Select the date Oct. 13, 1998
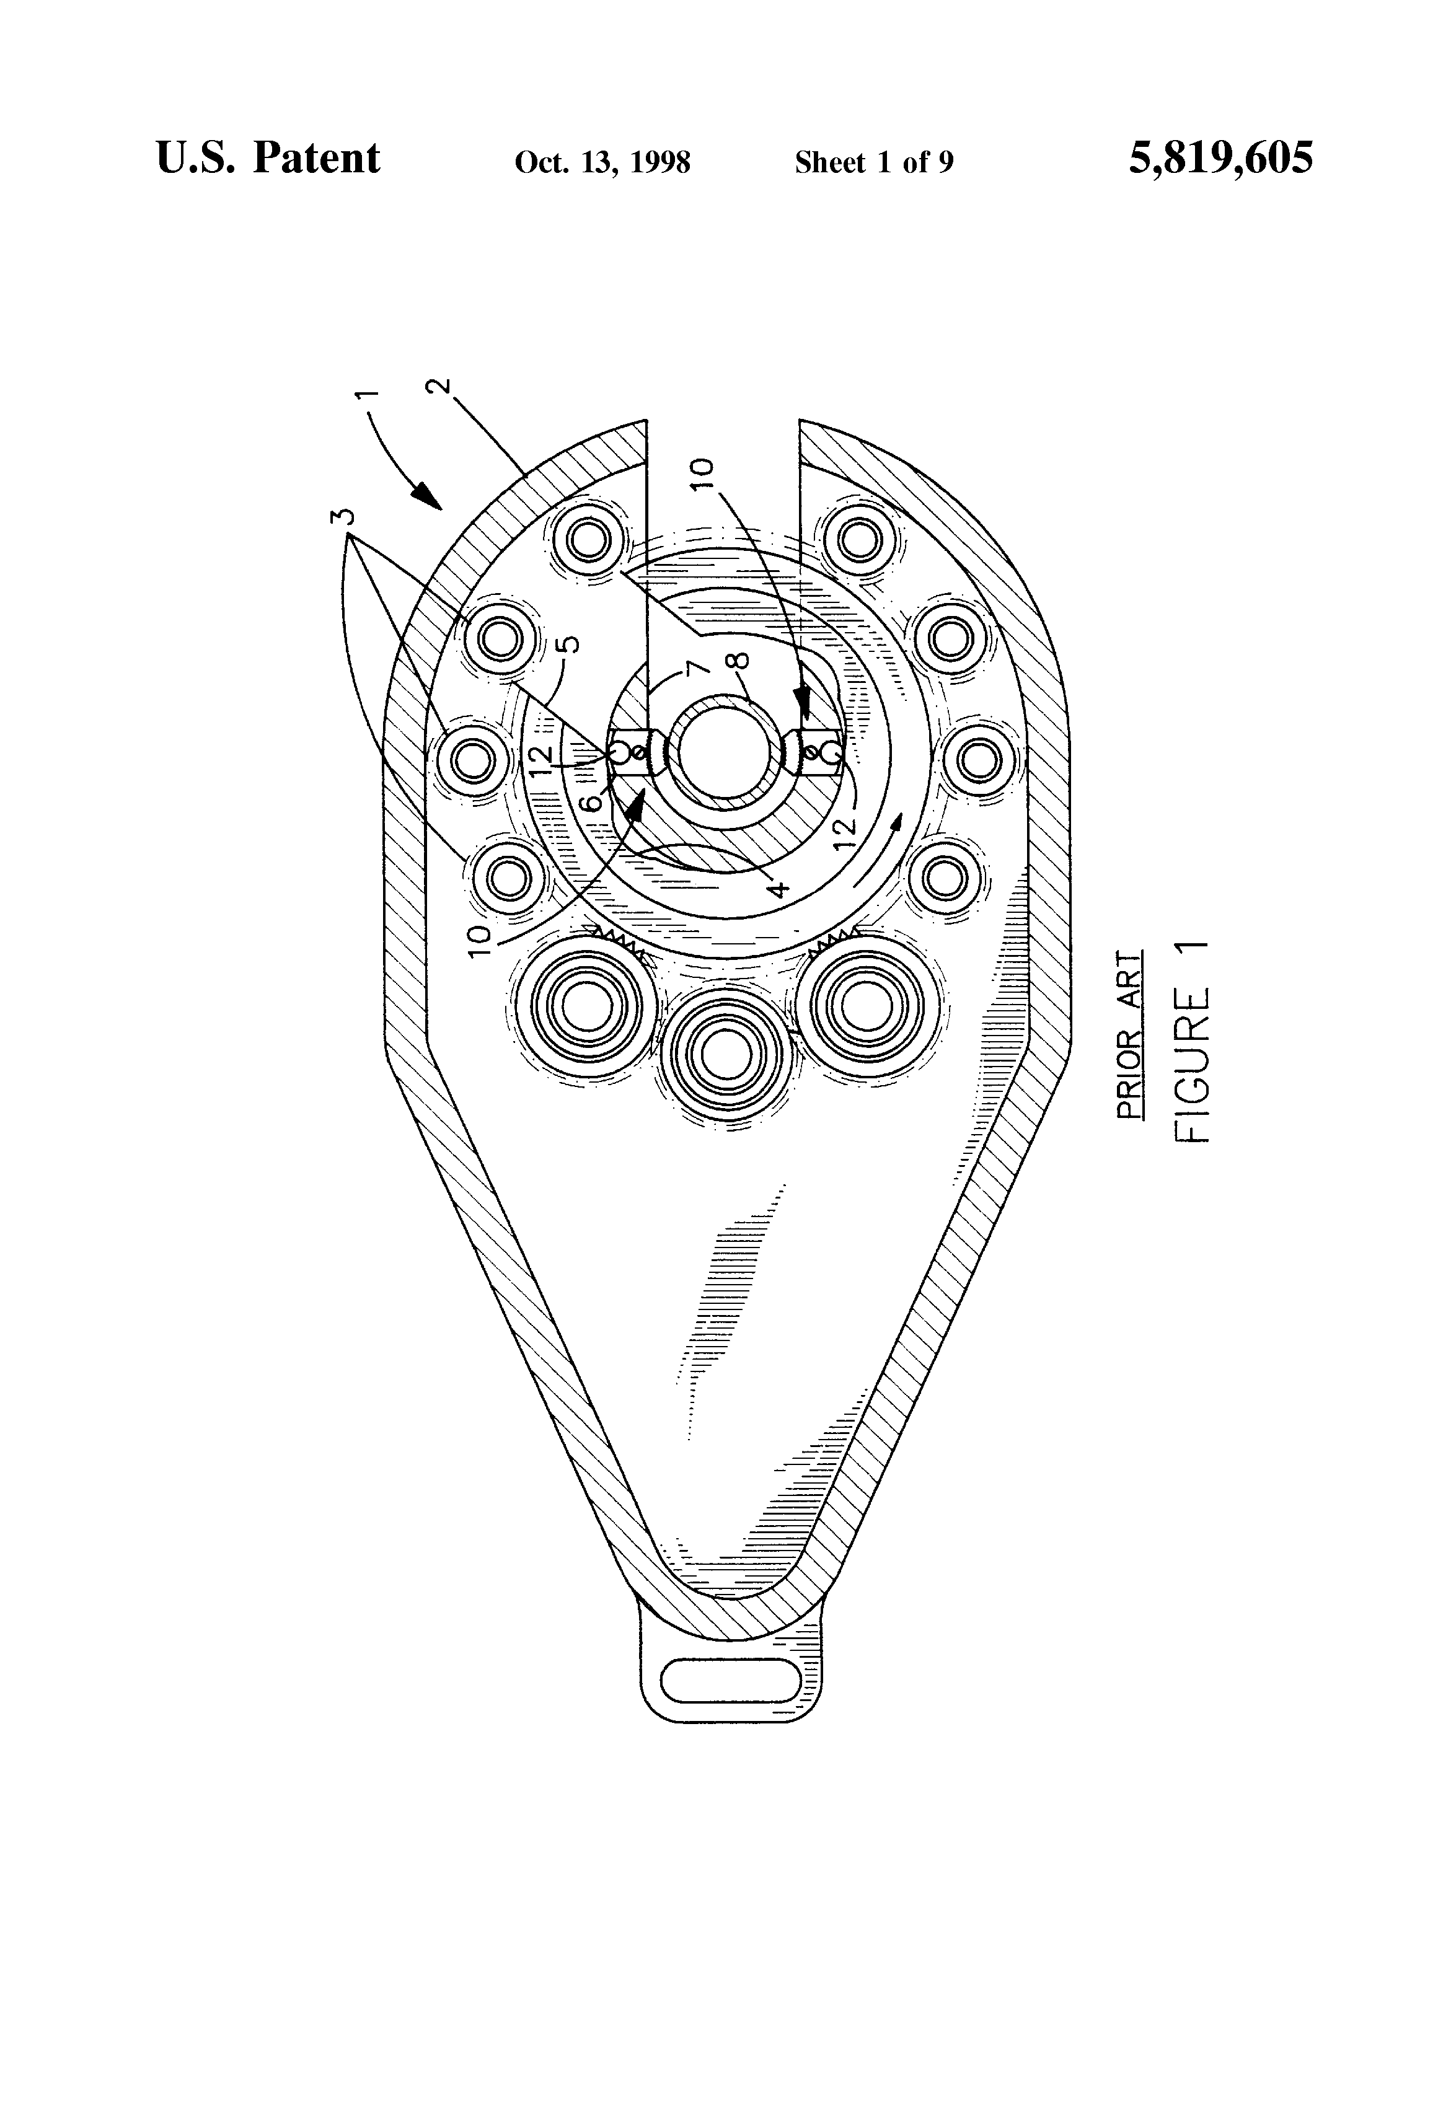click(x=602, y=162)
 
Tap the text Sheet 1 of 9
click(x=873, y=162)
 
